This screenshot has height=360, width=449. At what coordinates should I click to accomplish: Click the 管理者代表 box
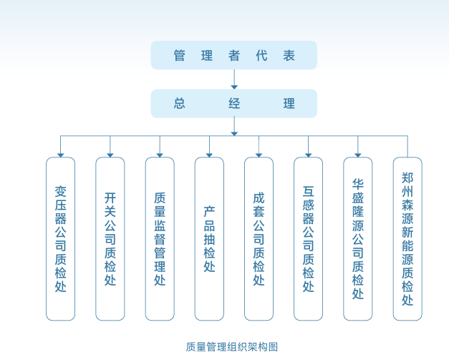233,55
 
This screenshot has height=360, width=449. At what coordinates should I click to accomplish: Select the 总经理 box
233,103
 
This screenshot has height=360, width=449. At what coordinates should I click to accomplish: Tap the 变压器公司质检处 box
60,238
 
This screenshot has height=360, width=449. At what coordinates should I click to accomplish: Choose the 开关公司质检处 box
110,238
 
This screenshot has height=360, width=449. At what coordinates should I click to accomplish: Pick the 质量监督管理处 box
160,238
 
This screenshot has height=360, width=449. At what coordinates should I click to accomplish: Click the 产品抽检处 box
209,238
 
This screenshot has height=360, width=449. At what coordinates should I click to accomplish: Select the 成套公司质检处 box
259,238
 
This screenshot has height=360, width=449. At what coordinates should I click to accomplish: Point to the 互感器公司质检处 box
308,238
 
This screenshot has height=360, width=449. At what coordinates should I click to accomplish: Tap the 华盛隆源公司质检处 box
358,238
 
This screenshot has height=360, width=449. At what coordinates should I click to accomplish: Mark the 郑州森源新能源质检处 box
407,238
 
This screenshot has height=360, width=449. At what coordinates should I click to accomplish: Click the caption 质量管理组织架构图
231,347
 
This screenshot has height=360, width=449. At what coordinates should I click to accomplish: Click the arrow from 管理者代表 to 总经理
234,79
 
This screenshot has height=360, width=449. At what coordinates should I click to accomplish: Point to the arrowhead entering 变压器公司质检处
60,154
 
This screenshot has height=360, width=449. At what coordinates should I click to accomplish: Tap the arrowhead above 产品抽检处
209,154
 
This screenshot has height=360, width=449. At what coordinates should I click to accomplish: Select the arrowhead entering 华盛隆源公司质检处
358,154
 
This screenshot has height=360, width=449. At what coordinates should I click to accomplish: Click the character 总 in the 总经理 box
179,103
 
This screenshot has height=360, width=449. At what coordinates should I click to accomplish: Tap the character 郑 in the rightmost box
407,177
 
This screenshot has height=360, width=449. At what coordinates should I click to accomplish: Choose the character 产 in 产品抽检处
209,211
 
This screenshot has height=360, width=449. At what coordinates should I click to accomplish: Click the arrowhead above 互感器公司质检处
308,154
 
